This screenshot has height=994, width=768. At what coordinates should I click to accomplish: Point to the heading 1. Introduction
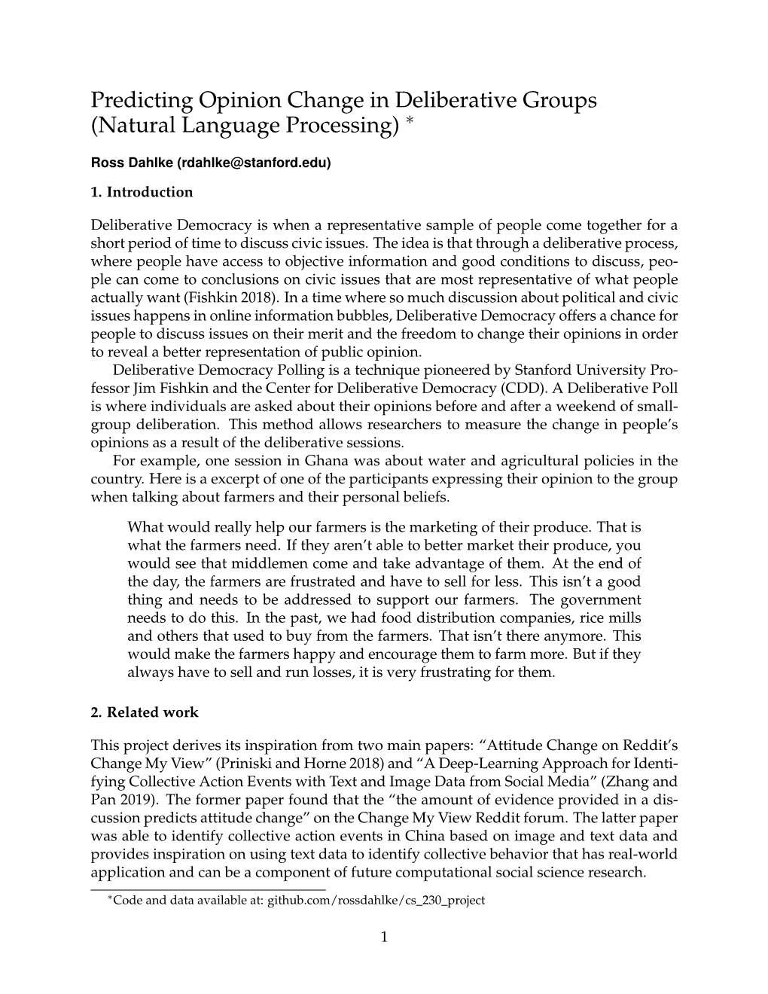[x=142, y=192]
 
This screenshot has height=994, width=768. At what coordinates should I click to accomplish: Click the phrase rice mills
[x=612, y=617]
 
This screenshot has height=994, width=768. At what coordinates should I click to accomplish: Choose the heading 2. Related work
[x=145, y=712]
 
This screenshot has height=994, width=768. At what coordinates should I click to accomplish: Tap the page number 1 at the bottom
[x=384, y=937]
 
